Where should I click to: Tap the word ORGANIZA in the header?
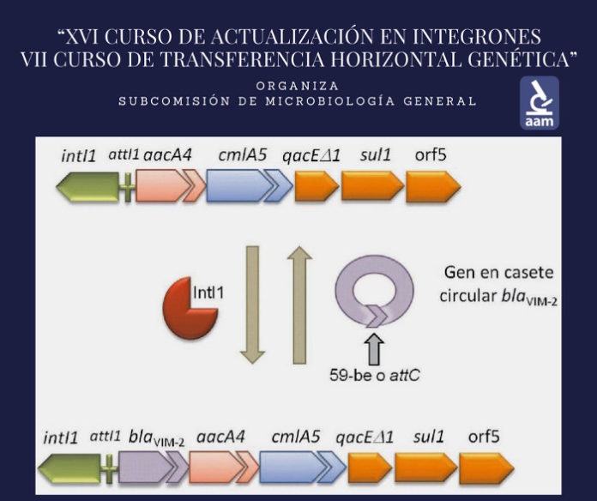pyautogui.click(x=297, y=86)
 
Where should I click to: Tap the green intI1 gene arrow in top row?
pyautogui.click(x=86, y=188)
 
